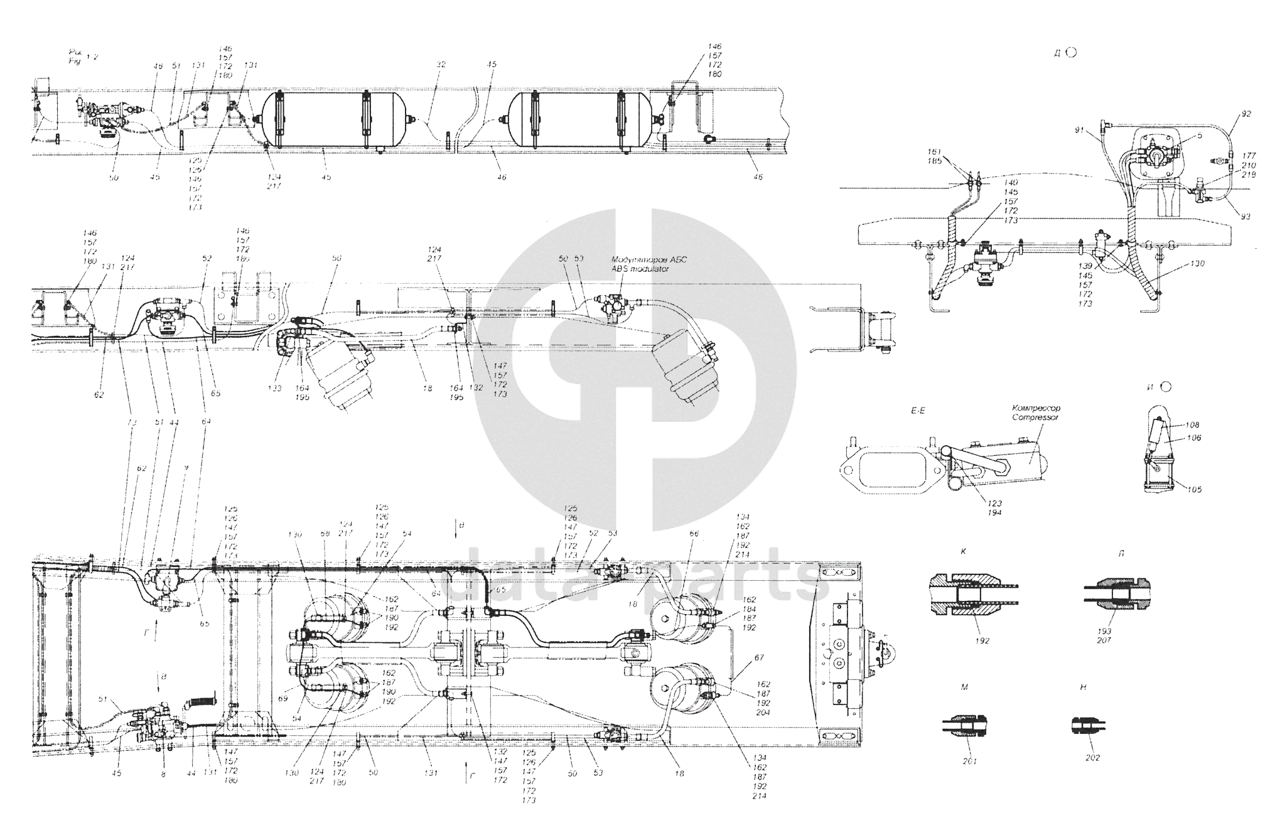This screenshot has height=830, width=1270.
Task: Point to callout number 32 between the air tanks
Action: click(441, 64)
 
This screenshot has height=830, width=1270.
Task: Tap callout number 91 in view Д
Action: click(1079, 130)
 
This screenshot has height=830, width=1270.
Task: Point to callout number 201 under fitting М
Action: click(970, 761)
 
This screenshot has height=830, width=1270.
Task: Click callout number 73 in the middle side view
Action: click(131, 423)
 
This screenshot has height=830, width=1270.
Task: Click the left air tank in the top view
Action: click(336, 120)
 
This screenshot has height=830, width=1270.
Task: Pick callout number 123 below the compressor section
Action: click(994, 503)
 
